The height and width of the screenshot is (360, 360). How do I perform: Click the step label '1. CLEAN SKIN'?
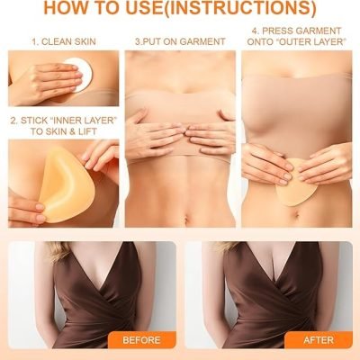tap(64, 41)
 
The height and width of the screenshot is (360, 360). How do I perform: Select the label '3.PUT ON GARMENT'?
tap(180, 41)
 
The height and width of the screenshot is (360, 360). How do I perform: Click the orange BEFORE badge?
tap(141, 340)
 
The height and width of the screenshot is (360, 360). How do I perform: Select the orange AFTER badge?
tap(319, 340)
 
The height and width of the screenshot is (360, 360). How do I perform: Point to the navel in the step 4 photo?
tap(296, 214)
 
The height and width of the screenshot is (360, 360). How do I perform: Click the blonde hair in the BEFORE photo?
tap(58, 250)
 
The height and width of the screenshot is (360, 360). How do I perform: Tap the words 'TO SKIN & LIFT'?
tap(64, 131)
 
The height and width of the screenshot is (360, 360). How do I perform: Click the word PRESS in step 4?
tap(278, 31)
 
